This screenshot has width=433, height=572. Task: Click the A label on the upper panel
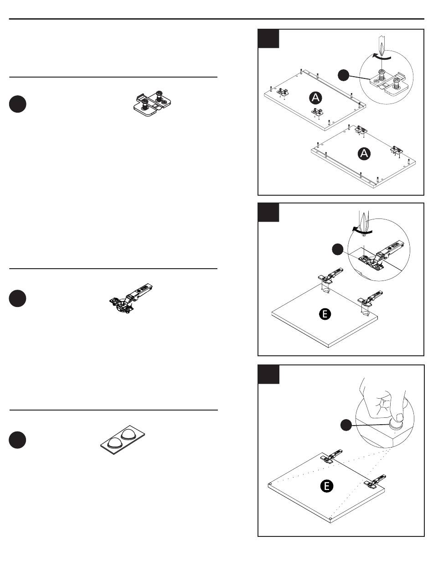coord(315,98)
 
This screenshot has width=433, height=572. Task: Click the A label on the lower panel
coord(364,153)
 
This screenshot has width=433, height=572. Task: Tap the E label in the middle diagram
coord(325,314)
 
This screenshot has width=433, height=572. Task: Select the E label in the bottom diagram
coord(327,486)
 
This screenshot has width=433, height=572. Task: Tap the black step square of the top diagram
coord(268,39)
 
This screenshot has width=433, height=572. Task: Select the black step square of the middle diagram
coord(268,213)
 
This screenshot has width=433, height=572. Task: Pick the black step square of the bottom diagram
coord(268,375)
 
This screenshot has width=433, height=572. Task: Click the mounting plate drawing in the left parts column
coord(152,104)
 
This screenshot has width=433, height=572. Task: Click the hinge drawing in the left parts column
coord(131,298)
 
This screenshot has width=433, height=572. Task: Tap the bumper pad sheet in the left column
coord(123,440)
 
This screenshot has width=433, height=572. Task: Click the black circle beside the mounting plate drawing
coord(18,104)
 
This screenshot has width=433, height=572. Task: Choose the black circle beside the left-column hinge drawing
coord(17,298)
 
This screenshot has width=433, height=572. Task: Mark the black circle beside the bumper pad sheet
coord(17,440)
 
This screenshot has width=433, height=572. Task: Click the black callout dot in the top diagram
coord(343,75)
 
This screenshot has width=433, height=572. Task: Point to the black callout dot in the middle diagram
coord(338,250)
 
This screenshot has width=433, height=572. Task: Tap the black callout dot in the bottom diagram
coord(346,425)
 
